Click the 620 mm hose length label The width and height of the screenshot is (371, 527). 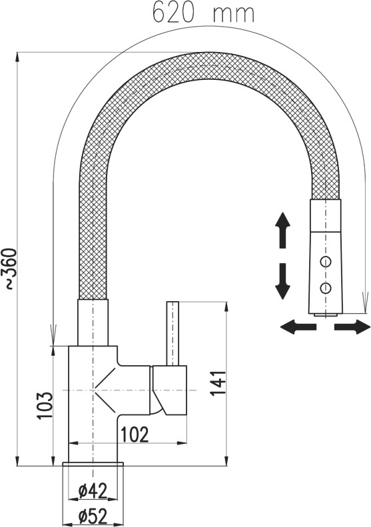point(204,13)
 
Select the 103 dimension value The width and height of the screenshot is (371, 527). point(45,405)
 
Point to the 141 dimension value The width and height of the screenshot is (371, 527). point(218,383)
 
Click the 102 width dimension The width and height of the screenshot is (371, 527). point(135,435)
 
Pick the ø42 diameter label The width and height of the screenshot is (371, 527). point(93,491)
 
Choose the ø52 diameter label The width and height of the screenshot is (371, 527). point(93,516)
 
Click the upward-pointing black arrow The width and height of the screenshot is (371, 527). point(282,231)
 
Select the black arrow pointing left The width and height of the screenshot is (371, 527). point(298,326)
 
